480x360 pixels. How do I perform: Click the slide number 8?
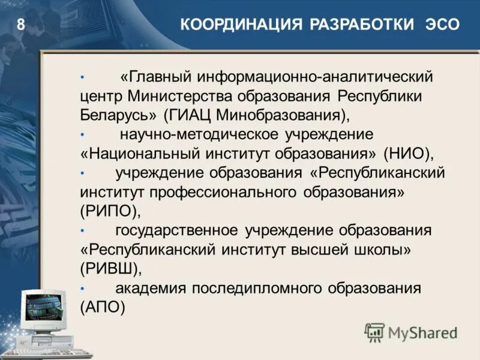click(x=21, y=25)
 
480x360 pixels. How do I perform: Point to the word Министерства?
click(x=181, y=96)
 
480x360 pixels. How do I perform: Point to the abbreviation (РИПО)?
click(x=110, y=211)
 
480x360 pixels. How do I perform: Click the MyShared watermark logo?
click(x=411, y=332)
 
